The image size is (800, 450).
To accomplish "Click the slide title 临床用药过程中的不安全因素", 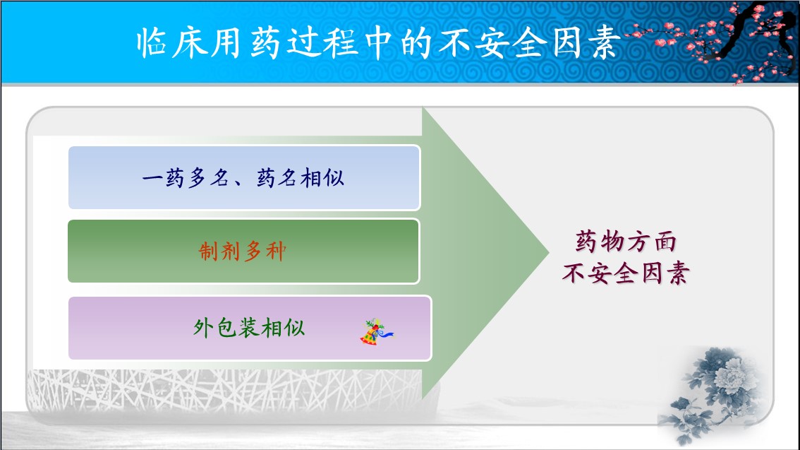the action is click(378, 42).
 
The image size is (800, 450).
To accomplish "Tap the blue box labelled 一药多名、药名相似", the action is click(244, 178).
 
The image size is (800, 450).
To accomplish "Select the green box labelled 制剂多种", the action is click(243, 251).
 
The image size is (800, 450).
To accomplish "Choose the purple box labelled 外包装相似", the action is click(250, 328).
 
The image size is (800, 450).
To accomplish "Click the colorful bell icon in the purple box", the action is click(377, 332).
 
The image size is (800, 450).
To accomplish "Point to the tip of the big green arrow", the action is click(548, 251).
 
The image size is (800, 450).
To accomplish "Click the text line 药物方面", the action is click(626, 241).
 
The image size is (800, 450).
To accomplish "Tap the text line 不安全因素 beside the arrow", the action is click(626, 273).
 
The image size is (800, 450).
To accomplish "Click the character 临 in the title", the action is click(152, 42).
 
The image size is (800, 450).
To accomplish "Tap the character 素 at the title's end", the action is click(605, 42).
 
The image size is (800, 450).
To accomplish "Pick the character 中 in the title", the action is click(378, 42).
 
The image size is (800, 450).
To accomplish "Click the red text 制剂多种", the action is click(243, 251).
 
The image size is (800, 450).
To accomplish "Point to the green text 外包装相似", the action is click(249, 327).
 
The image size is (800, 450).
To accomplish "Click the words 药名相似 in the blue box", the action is click(300, 178).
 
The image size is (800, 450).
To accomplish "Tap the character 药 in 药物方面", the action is click(586, 241).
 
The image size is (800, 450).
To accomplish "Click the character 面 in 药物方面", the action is click(665, 241).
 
